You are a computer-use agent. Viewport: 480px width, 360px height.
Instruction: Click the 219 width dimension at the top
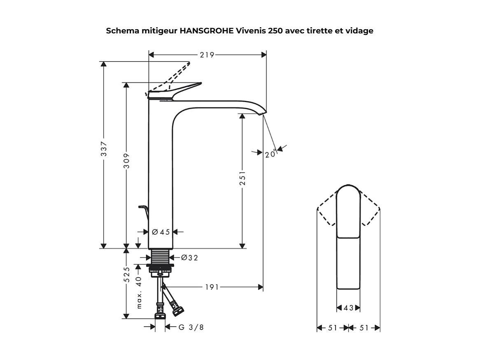click(x=207, y=55)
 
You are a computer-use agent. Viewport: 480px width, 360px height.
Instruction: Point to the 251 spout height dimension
click(x=242, y=178)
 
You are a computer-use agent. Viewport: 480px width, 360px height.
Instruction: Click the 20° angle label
click(x=270, y=154)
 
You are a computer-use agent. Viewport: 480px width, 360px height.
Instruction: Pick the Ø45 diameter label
click(x=161, y=232)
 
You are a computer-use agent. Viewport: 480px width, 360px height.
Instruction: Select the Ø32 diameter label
click(x=189, y=258)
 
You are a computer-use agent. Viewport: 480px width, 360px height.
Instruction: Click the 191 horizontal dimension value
click(x=212, y=287)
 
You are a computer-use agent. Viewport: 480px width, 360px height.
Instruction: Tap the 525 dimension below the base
click(x=127, y=275)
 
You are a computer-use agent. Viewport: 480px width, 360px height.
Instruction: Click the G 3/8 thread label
click(x=191, y=327)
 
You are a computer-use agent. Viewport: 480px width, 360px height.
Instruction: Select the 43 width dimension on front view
click(x=348, y=308)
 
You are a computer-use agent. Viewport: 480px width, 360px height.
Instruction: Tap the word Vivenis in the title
click(x=251, y=31)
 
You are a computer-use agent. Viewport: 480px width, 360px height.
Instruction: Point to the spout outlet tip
click(x=263, y=113)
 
